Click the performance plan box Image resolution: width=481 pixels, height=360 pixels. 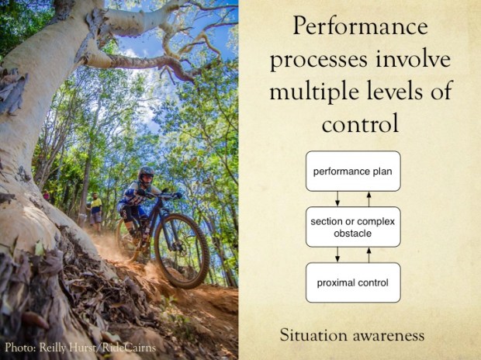[x=353, y=171]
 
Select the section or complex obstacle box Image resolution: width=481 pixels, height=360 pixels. [x=353, y=227]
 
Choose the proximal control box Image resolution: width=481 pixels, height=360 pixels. [x=353, y=282]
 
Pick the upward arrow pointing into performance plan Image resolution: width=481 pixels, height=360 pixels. [x=369, y=199]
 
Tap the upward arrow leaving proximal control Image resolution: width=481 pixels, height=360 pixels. [x=369, y=254]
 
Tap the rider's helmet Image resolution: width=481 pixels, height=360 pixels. [x=147, y=175]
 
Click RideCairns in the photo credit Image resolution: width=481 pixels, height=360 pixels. [x=128, y=348]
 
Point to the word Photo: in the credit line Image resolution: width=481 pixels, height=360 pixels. [x=22, y=348]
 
